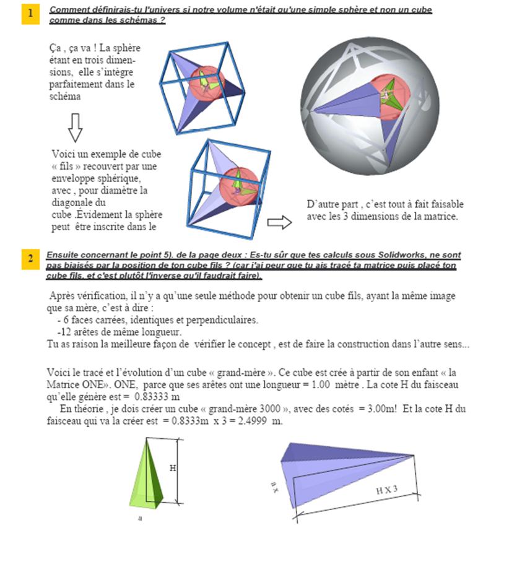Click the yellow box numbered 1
point(30,14)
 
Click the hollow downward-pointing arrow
point(75,127)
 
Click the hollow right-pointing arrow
point(279,223)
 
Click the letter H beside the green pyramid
point(172,468)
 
